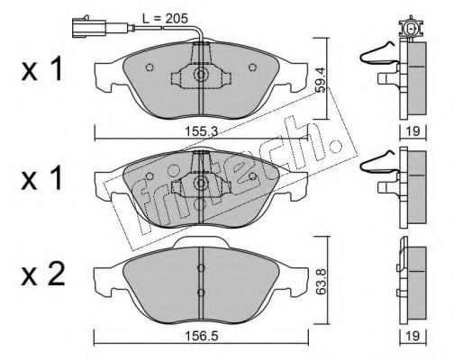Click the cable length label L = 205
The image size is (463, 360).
coord(165,19)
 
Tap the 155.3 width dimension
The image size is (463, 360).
coord(201,131)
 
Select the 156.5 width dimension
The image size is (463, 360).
coord(202,336)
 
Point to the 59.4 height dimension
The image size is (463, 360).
coord(321,79)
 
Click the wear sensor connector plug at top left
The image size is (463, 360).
coord(89,27)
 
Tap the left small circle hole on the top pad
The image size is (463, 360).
coord(150,67)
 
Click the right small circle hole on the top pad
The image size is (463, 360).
coord(252,67)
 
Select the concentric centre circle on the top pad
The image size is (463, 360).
coord(201,74)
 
